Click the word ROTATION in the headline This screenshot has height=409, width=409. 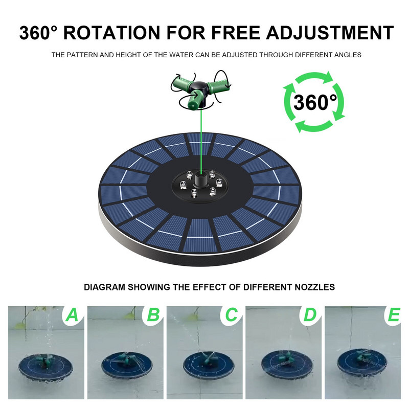pyautogui.click(x=111, y=33)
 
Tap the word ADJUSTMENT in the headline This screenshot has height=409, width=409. pyautogui.click(x=330, y=33)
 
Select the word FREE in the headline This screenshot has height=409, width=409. pyautogui.click(x=236, y=33)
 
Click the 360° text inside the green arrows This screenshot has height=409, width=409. pyautogui.click(x=315, y=102)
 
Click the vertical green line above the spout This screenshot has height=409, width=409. pyautogui.click(x=201, y=141)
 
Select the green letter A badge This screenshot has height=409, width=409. pyautogui.click(x=72, y=315)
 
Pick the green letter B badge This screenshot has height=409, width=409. pyautogui.click(x=153, y=315)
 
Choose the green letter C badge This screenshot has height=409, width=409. pyautogui.click(x=232, y=315)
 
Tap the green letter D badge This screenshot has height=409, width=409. pyautogui.click(x=310, y=315)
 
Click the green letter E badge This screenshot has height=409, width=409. pyautogui.click(x=394, y=315)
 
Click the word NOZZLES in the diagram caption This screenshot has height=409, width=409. pyautogui.click(x=315, y=287)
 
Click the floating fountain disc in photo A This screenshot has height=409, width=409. pyautogui.click(x=45, y=367)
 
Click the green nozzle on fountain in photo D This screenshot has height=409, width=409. pyautogui.click(x=284, y=359)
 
